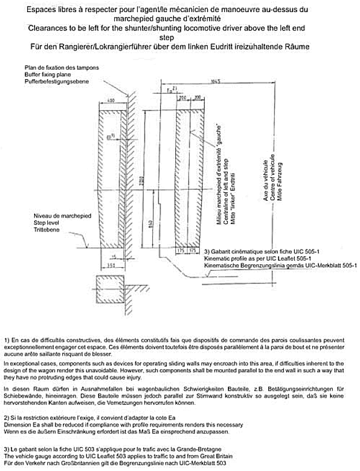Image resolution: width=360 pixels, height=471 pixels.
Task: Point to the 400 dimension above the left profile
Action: [x=110, y=100]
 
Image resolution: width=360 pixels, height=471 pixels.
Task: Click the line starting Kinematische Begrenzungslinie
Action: [x=280, y=267]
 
